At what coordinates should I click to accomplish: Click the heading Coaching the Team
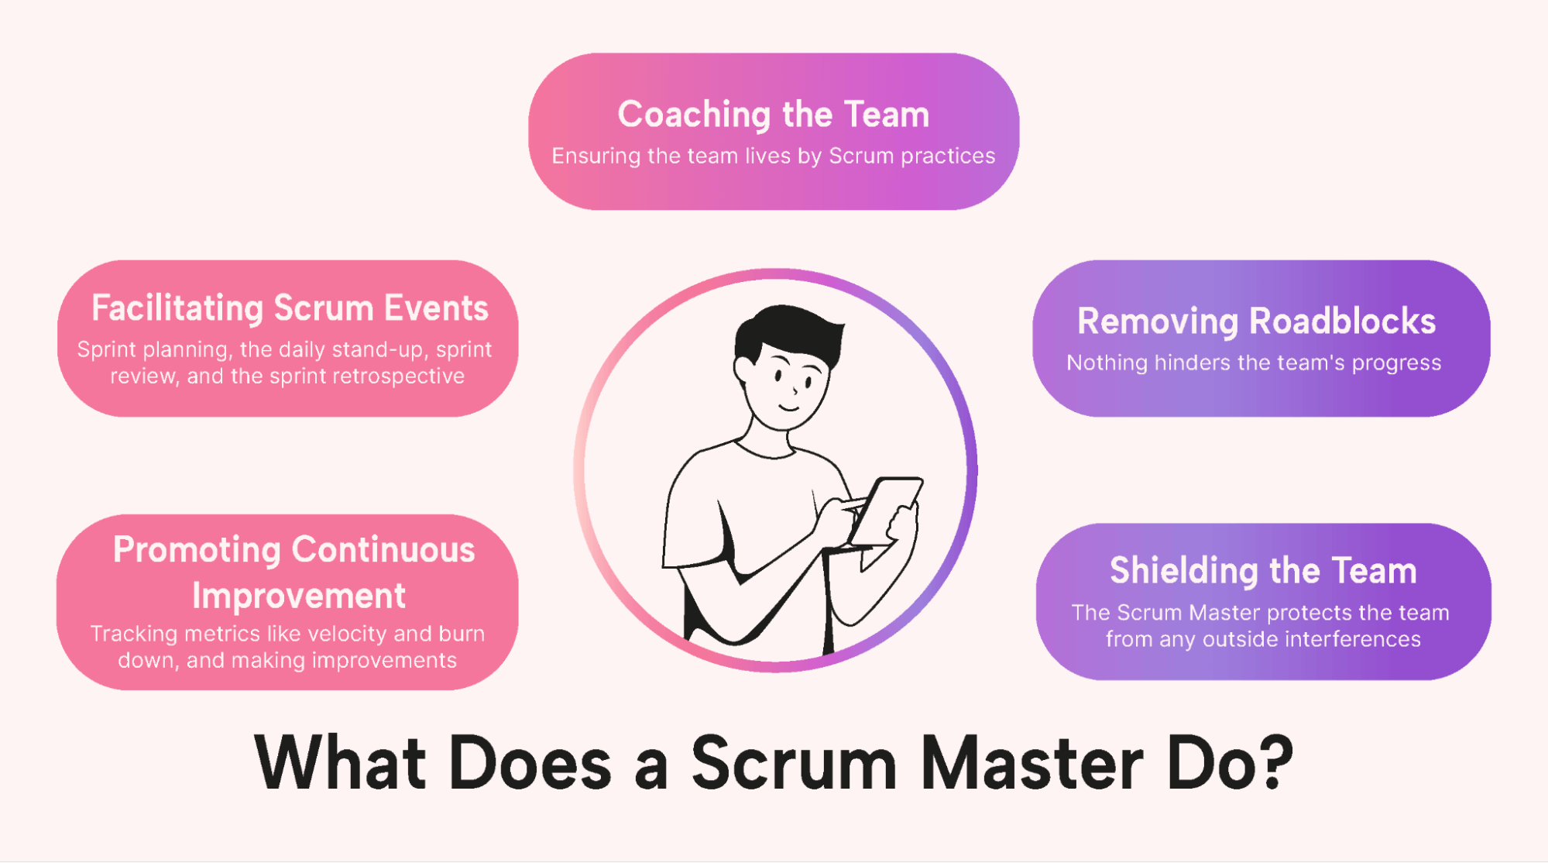[x=773, y=115]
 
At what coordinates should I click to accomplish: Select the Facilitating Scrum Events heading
[x=290, y=308]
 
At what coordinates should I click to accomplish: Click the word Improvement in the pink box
[x=298, y=596]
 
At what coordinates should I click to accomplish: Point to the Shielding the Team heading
[x=1263, y=571]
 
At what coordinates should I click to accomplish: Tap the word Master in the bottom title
[x=1031, y=763]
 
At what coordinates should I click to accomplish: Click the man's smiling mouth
[x=789, y=407]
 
